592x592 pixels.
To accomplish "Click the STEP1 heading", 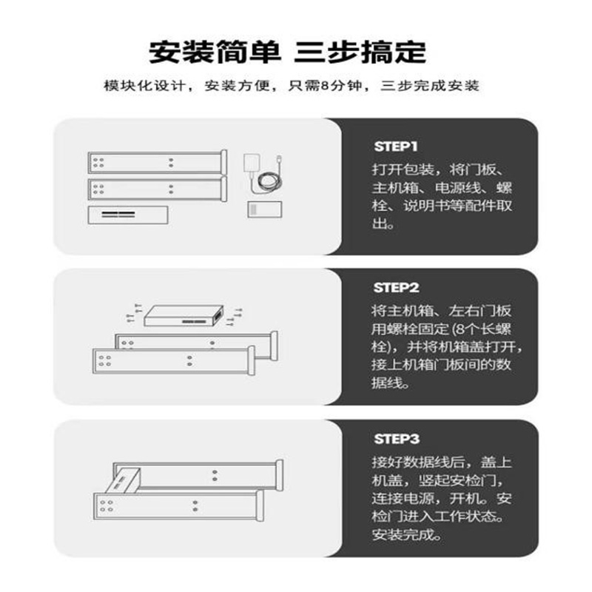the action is (x=396, y=147).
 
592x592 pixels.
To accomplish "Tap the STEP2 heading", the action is (x=396, y=288).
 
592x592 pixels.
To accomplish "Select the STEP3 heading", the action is (x=397, y=439).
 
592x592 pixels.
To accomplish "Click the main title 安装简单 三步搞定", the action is (x=288, y=52).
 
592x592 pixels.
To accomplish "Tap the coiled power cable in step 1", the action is (x=269, y=181).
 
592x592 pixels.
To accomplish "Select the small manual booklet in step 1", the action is (x=265, y=209).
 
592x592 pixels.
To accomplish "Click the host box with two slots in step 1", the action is (x=128, y=215).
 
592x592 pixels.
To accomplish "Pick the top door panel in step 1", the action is (x=157, y=162).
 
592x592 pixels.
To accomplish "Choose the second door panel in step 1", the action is (x=157, y=189).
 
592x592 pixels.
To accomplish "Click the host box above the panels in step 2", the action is (x=184, y=316).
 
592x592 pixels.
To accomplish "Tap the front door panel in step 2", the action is (x=174, y=360).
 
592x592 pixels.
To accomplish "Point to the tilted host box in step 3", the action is (x=122, y=480).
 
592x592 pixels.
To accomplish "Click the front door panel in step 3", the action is (x=178, y=506).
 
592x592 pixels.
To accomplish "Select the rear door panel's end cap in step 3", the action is (x=280, y=475).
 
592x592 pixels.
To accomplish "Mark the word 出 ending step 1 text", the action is (x=380, y=224).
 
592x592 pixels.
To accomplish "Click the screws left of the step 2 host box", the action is (x=134, y=313).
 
